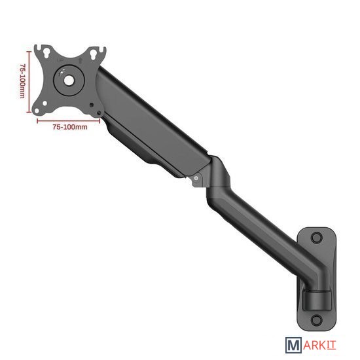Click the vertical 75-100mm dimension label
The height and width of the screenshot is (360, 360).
click(22, 81)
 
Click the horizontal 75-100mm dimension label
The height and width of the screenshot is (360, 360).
click(70, 127)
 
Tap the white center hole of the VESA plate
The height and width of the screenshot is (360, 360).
click(69, 80)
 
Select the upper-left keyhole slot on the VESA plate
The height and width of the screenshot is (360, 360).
click(46, 51)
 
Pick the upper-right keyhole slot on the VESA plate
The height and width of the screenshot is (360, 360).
click(94, 54)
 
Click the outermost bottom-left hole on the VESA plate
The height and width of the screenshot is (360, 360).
click(37, 111)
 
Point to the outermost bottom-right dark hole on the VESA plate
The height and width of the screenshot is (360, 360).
click(99, 113)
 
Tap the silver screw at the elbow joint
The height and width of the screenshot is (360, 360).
click(196, 178)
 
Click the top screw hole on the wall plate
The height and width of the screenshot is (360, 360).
click(317, 238)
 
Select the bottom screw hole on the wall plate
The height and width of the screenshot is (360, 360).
click(317, 319)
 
